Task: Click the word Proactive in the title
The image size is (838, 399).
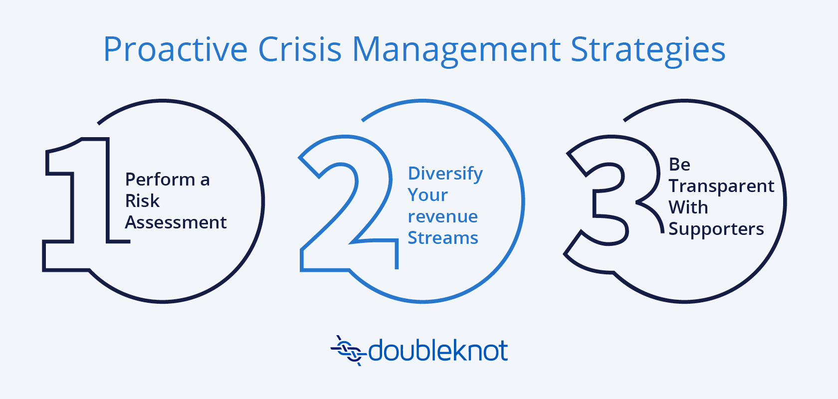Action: (x=175, y=49)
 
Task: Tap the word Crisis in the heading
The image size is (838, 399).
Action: (x=300, y=49)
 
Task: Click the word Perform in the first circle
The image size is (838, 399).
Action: (x=160, y=180)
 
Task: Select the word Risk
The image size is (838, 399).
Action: (x=142, y=201)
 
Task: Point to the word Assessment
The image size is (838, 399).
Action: (x=176, y=222)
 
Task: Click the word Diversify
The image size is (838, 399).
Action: (x=445, y=174)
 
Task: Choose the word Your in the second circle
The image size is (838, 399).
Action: (x=427, y=195)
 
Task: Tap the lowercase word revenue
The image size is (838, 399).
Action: (x=442, y=216)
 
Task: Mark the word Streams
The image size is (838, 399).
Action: (x=443, y=237)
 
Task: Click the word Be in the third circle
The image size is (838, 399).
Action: (x=679, y=164)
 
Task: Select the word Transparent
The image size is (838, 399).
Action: (x=721, y=187)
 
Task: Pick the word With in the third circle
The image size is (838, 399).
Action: (x=688, y=207)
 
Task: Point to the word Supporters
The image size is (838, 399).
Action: (x=716, y=229)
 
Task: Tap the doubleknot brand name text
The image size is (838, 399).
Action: (x=438, y=351)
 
